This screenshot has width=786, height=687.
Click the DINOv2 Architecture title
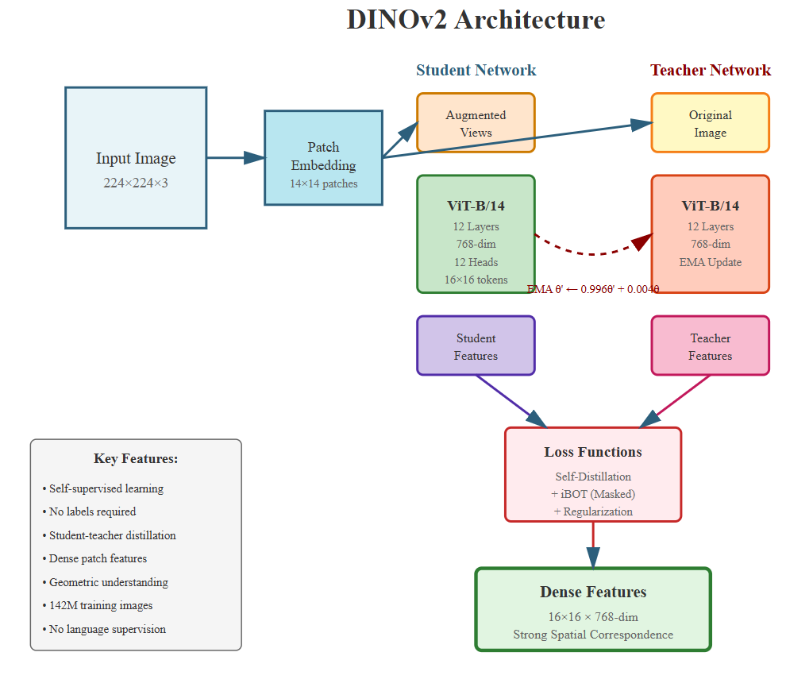[x=476, y=20]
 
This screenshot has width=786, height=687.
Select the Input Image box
[x=136, y=158]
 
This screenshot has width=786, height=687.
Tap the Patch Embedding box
[x=323, y=158]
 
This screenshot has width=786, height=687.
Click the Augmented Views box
[x=476, y=122]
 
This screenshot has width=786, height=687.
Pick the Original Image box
[x=710, y=122]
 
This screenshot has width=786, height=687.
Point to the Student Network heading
[x=476, y=71]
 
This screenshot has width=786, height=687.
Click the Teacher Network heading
[x=710, y=71]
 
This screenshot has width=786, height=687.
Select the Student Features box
[x=476, y=345]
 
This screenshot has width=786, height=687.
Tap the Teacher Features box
[x=710, y=345]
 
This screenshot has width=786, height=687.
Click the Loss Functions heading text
[x=593, y=452]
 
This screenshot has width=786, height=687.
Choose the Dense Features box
[x=593, y=609]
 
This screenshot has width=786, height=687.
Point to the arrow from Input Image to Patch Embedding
[x=235, y=158]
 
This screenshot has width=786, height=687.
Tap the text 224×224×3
[x=136, y=183]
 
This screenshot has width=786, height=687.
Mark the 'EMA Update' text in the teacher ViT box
[x=710, y=262]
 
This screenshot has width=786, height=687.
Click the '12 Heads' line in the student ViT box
[x=476, y=262]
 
